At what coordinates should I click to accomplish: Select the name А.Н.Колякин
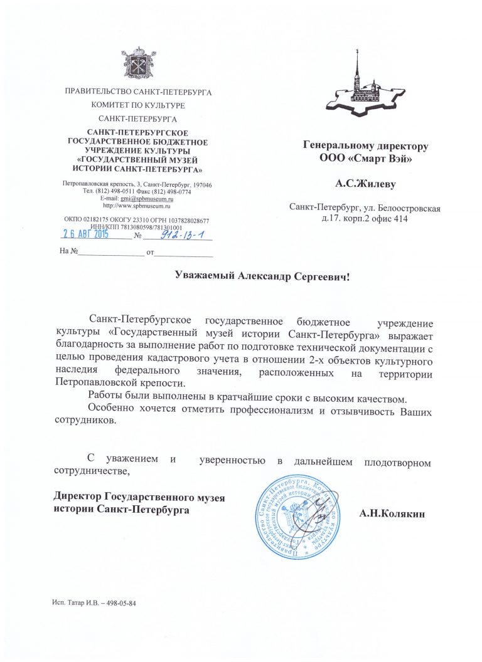click(x=392, y=515)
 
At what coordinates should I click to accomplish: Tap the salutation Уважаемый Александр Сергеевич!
click(x=260, y=276)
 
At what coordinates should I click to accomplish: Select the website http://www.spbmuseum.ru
click(x=137, y=206)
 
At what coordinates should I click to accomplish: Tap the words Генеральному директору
click(x=365, y=146)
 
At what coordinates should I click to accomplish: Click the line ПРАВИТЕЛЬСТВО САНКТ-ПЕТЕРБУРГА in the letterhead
click(x=138, y=93)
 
